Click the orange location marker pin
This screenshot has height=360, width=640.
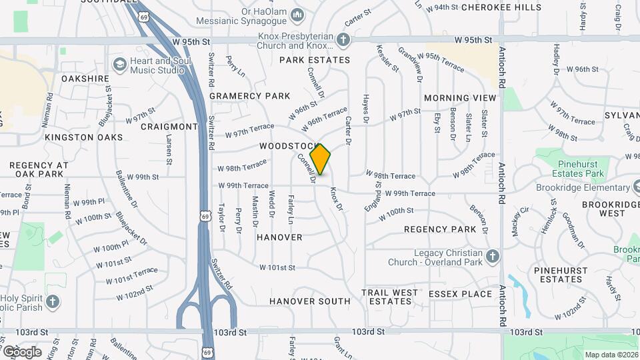coord(320,159)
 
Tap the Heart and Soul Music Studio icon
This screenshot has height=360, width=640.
coord(120,65)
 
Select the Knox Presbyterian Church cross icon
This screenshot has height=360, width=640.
coord(343,41)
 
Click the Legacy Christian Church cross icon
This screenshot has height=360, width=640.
coord(493,257)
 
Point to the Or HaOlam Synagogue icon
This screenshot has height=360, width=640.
coord(298,14)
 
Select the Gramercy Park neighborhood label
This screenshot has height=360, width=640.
coord(249,96)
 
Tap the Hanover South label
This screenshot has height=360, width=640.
coord(309,301)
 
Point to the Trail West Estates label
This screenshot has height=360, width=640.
coord(390,297)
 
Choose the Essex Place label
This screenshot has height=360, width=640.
coord(460,293)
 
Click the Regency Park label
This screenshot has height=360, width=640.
coord(440,229)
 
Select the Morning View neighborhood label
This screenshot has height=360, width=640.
coord(460,98)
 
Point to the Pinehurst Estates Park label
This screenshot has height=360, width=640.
coord(571,169)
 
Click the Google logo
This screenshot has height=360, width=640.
coord(22,352)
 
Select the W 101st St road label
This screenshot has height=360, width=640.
coord(278,268)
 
